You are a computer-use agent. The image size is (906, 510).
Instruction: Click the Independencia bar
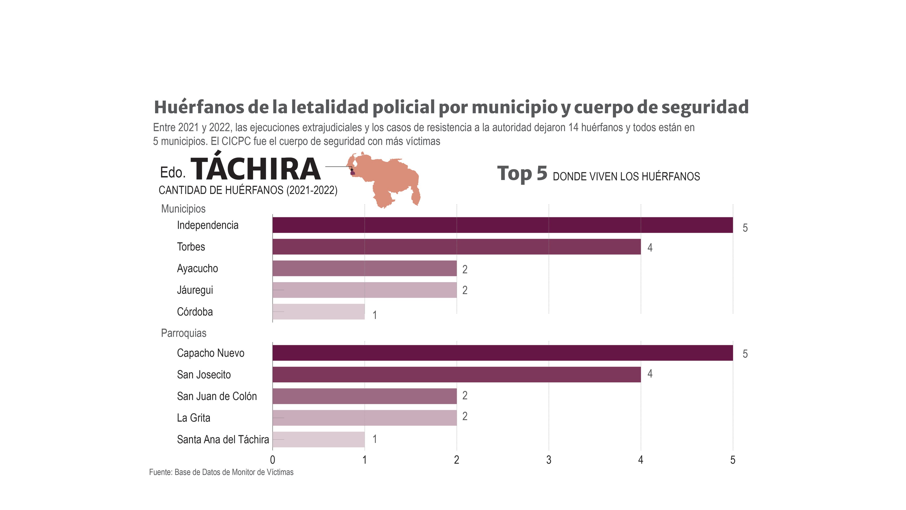pos(502,225)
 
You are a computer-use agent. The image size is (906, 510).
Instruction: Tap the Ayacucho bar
pos(364,268)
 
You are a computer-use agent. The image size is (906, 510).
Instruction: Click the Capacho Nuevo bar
pos(502,353)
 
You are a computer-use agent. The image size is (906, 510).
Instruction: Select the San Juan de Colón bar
pos(364,396)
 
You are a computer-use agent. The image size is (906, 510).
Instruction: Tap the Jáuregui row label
pos(195,290)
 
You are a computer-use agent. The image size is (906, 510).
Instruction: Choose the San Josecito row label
pos(204,375)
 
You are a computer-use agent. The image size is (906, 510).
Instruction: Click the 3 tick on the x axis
pos(549,460)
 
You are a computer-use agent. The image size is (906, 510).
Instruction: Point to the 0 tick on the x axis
pos(273,460)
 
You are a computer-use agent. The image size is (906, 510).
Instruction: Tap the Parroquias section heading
pos(184,333)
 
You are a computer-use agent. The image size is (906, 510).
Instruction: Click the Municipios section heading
pos(183,209)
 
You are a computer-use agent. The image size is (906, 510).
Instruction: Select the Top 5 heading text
pos(522,174)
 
